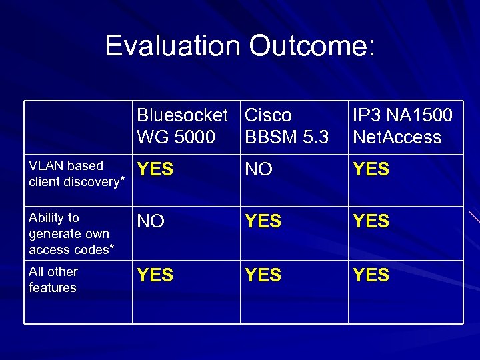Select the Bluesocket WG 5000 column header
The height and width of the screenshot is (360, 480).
181,126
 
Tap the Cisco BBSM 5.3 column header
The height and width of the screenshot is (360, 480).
287,126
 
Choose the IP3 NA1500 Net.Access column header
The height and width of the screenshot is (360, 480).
402,126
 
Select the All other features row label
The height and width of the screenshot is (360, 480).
53,279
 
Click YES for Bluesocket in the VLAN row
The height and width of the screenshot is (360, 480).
155,169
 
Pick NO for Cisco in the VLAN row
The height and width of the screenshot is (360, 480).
259,169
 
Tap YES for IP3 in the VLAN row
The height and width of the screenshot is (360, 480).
371,169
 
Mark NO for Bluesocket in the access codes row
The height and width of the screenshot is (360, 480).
151,221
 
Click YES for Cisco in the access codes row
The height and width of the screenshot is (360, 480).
263,221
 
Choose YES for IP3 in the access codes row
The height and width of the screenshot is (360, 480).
371,221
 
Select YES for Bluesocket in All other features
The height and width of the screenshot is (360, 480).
155,275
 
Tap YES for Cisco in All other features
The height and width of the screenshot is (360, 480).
263,275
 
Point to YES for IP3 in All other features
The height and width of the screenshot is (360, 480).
371,275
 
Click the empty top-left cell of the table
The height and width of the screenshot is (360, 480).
78,127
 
